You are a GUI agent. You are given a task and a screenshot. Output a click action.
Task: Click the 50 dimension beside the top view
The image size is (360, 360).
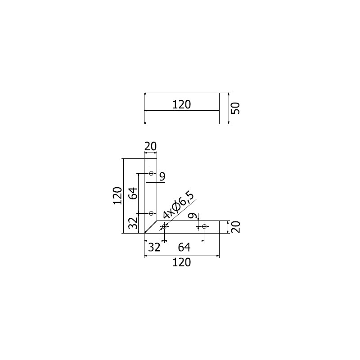click(235, 108)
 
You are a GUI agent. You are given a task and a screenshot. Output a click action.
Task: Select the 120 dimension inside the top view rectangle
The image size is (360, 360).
click(181, 105)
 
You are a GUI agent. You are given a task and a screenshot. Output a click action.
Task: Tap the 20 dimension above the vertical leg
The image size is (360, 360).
click(150, 146)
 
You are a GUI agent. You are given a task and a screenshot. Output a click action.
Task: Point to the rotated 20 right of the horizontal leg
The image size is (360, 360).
click(235, 227)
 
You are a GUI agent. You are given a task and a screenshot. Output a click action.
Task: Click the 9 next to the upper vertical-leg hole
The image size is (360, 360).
click(162, 177)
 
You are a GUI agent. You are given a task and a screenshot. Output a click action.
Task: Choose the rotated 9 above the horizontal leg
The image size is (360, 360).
click(193, 216)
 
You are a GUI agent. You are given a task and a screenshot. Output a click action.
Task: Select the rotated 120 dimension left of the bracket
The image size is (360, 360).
click(117, 196)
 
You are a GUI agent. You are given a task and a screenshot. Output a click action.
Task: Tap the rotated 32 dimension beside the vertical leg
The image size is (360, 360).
click(133, 223)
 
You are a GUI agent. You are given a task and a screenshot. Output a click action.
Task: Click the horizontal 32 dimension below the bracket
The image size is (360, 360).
click(154, 247)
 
